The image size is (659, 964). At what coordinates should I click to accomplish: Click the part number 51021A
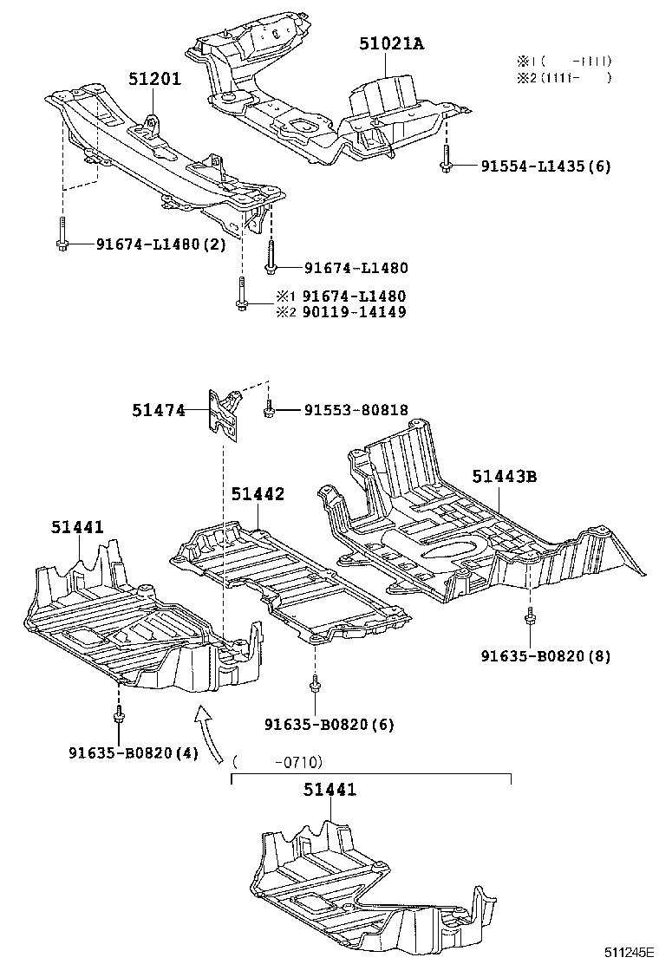coord(392,44)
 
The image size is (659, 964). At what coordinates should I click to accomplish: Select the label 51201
coord(154,80)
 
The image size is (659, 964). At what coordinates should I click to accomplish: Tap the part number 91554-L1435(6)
coord(545,166)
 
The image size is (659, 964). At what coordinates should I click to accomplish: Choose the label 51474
coord(159,410)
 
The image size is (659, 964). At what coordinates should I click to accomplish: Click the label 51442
coord(258,493)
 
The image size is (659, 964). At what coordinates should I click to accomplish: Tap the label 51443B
coord(505,476)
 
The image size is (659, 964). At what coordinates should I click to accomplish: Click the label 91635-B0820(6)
coord(329,724)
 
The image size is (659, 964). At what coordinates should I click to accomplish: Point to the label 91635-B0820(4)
coord(134,752)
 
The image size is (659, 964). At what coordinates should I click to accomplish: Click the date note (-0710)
coord(277,762)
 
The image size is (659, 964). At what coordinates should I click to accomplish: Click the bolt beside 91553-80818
coord(270,409)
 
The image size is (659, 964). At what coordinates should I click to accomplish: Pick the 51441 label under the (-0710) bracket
coord(329,790)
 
